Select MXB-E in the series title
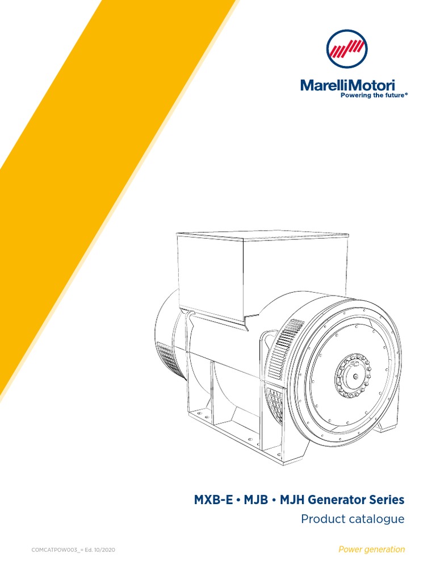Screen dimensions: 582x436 tap(208, 500)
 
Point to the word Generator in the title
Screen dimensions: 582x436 tap(332, 500)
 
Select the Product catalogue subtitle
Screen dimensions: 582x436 tap(353, 519)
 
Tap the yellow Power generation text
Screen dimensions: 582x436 tap(371, 549)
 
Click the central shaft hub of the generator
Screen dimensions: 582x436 tap(353, 375)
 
